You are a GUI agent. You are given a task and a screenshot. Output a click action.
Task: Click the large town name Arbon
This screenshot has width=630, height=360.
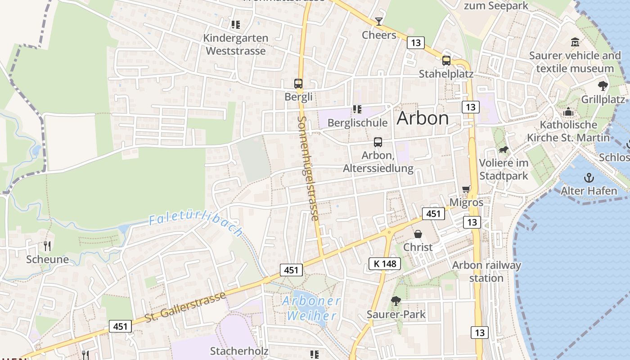tap(423, 118)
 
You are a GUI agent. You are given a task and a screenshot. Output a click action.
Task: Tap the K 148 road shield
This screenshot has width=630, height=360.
tap(385, 264)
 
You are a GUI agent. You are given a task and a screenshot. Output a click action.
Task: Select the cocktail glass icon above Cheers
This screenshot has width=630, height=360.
tap(379, 21)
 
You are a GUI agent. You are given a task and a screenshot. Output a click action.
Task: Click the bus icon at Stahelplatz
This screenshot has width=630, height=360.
tap(446, 60)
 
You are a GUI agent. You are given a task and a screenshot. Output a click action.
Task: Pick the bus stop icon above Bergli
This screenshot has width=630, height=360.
tap(298, 83)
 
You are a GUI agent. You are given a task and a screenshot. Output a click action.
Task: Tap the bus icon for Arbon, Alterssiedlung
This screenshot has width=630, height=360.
tap(378, 142)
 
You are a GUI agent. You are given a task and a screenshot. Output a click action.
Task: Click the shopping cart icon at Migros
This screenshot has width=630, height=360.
tap(466, 189)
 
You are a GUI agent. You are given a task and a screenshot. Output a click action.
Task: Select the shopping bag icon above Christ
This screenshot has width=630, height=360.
tap(418, 234)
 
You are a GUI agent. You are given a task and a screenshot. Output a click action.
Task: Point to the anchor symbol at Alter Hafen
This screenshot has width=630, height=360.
tap(588, 178)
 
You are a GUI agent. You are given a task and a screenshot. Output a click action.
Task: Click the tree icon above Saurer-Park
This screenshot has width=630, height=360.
tap(396, 301)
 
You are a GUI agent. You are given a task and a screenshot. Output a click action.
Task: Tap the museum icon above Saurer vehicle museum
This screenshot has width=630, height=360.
tap(575, 42)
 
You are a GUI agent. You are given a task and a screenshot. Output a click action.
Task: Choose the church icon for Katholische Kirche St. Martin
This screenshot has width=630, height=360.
tap(568, 112)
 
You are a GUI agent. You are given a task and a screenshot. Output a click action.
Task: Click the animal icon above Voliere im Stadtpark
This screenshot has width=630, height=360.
tap(503, 150)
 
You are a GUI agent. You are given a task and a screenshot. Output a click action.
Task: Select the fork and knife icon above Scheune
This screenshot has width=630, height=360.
tap(47, 246)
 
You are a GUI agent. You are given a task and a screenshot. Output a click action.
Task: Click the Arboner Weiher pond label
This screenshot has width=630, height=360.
tap(311, 308)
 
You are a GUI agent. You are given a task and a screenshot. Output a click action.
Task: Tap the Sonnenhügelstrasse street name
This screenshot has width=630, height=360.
tap(308, 168)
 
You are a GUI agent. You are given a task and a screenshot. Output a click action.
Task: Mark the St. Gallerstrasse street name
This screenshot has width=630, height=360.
tap(185, 307)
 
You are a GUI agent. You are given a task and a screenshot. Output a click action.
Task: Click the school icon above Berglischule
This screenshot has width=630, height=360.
tap(357, 109)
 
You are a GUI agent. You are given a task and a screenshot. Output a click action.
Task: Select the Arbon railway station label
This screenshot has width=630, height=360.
tap(486, 271)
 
